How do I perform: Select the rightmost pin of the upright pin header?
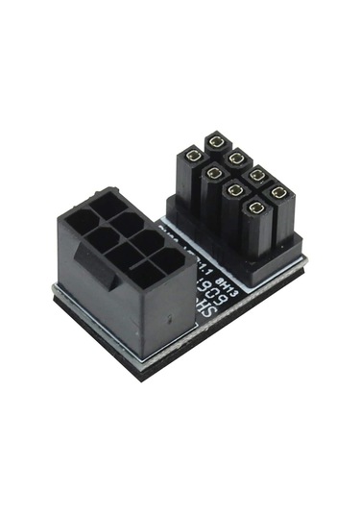pos(278,192)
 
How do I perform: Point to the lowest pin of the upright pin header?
pos(256,206)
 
